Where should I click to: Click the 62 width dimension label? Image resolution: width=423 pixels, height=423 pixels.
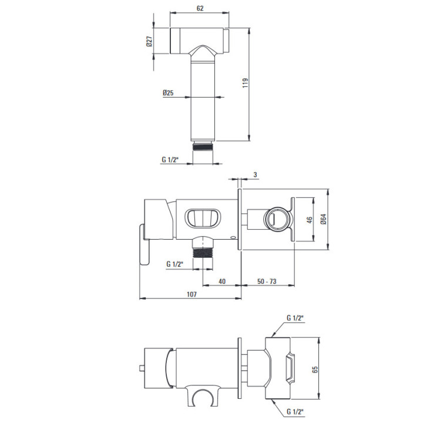pyautogui.click(x=200, y=8)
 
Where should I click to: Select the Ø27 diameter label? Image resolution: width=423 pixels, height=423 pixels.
pyautogui.click(x=149, y=41)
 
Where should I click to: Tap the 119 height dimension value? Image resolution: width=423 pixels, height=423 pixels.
pyautogui.click(x=245, y=83)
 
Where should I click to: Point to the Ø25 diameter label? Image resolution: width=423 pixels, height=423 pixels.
pyautogui.click(x=168, y=93)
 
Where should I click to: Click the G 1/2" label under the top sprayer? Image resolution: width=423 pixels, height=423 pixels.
pyautogui.click(x=170, y=159)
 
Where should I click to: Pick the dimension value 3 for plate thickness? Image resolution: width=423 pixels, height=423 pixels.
pyautogui.click(x=255, y=175)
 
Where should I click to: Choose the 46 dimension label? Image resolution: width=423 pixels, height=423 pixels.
pyautogui.click(x=310, y=220)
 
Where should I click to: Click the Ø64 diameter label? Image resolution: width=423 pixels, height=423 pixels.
pyautogui.click(x=324, y=219)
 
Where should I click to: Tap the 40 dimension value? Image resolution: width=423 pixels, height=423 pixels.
pyautogui.click(x=221, y=281)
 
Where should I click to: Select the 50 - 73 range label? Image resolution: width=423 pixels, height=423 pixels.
pyautogui.click(x=267, y=281)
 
